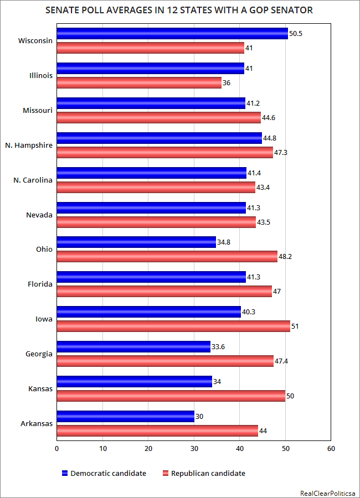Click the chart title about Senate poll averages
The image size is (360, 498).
tap(179, 11)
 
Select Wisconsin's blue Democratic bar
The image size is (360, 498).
tap(172, 34)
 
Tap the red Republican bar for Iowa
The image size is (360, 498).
tap(173, 326)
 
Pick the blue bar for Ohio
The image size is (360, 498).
tap(136, 242)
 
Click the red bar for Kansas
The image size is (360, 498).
tap(171, 396)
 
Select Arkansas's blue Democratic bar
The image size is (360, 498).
tap(126, 416)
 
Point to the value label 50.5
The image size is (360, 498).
tap(296, 34)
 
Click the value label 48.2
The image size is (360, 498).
tap(286, 257)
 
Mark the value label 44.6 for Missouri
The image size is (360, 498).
tap(270, 117)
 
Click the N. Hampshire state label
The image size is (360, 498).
tap(33, 145)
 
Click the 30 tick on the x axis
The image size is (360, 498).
tap(194, 449)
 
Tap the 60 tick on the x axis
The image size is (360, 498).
tap(331, 449)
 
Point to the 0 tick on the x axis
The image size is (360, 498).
tap(57, 449)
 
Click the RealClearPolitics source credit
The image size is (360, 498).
tap(328, 492)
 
